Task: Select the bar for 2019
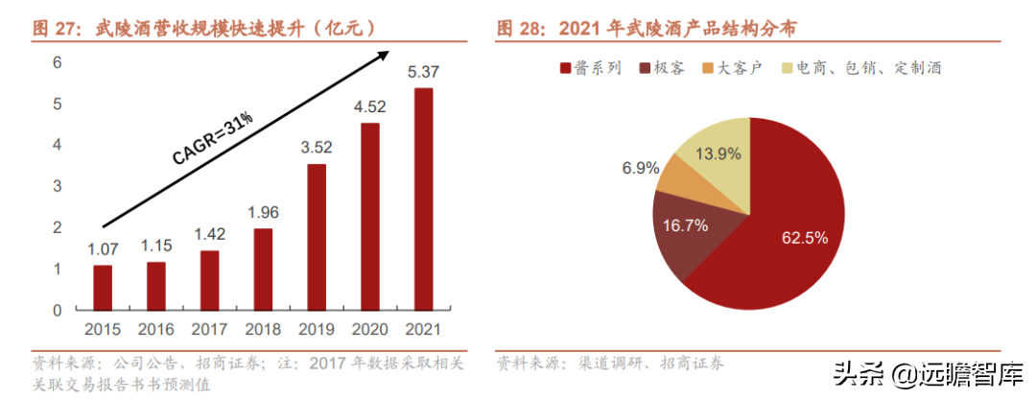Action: pos(316,237)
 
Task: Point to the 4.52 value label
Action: pos(369,106)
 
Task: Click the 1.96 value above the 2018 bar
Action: pos(262,212)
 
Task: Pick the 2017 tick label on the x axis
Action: pos(209,331)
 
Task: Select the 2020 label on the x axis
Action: pos(369,331)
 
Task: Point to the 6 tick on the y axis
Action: pos(57,62)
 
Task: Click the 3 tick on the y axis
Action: pos(57,186)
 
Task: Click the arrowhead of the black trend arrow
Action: pos(383,56)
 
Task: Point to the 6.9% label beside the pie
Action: pos(641,168)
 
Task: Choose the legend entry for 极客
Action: pos(659,68)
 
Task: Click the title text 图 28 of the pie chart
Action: pos(652,29)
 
